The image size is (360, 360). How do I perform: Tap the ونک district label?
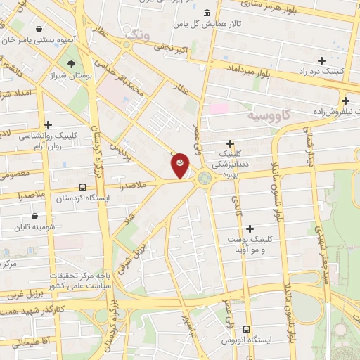(137, 32)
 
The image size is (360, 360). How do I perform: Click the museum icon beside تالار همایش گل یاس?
(207, 13)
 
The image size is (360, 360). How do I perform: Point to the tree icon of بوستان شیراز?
(72, 63)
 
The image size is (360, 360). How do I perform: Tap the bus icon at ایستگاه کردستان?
(83, 188)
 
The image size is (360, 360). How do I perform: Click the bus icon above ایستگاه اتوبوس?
(246, 329)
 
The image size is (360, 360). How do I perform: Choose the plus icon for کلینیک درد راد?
(322, 60)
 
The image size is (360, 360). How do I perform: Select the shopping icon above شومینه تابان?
(34, 217)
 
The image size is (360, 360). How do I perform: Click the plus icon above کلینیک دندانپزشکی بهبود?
(230, 143)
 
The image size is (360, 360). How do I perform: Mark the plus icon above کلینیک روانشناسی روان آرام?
(47, 124)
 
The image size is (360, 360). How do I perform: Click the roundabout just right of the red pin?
(204, 178)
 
